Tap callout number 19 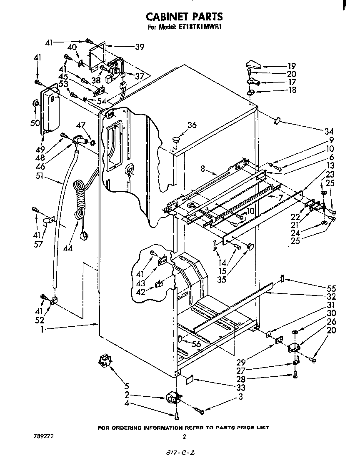[x=291, y=66]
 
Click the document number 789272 [x=43, y=436]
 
